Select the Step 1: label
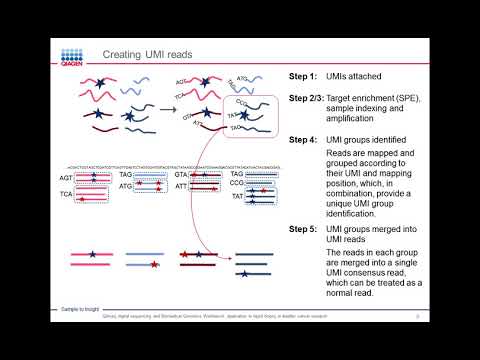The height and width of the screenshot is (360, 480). [x=303, y=77]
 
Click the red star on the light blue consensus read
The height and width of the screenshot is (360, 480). [x=154, y=267]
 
